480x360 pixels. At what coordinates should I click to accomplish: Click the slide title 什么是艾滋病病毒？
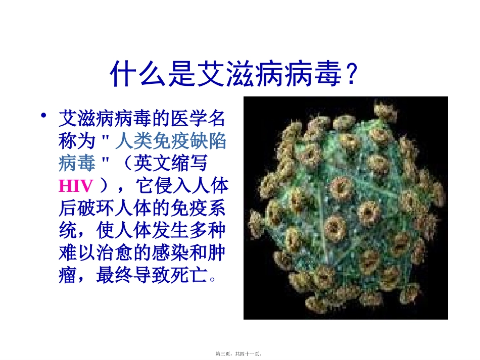tap(235, 74)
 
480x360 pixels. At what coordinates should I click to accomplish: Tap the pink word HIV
tap(76, 186)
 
